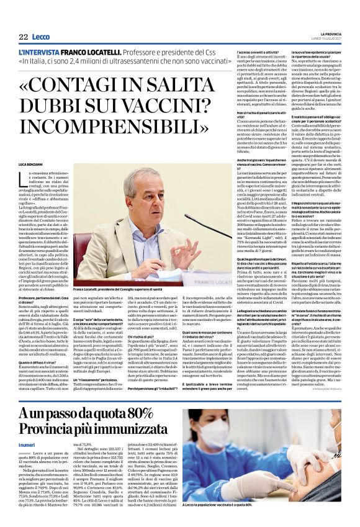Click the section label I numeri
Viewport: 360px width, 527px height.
click(x=27, y=445)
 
